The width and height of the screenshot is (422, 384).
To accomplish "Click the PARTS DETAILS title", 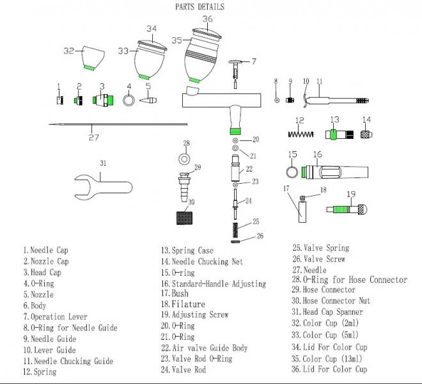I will click(x=199, y=7).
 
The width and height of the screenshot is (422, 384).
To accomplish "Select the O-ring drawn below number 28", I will click(x=184, y=158).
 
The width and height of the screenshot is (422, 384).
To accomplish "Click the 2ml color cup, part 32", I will click(x=86, y=56).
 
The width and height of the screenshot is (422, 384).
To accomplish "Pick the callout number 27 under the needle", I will click(x=94, y=136).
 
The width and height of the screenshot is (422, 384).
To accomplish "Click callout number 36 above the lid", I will click(x=208, y=19).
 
